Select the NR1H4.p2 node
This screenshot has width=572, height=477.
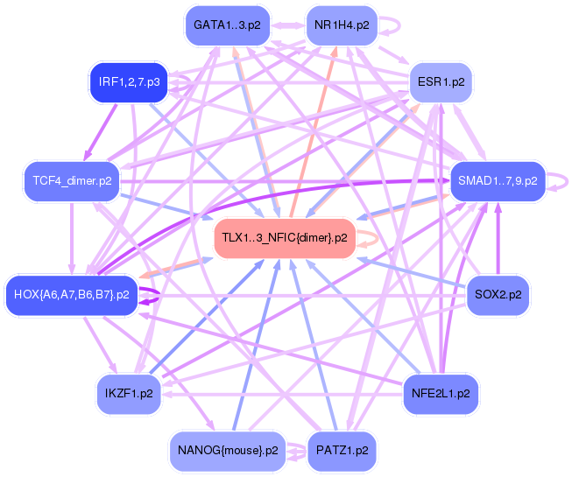coord(341,25)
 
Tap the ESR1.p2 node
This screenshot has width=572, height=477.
coord(441,83)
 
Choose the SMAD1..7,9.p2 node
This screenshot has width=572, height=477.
coord(497,181)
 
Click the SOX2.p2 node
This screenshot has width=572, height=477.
coord(497,294)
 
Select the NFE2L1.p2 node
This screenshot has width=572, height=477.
coord(441,394)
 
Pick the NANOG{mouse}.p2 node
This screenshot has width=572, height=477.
coord(228,451)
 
